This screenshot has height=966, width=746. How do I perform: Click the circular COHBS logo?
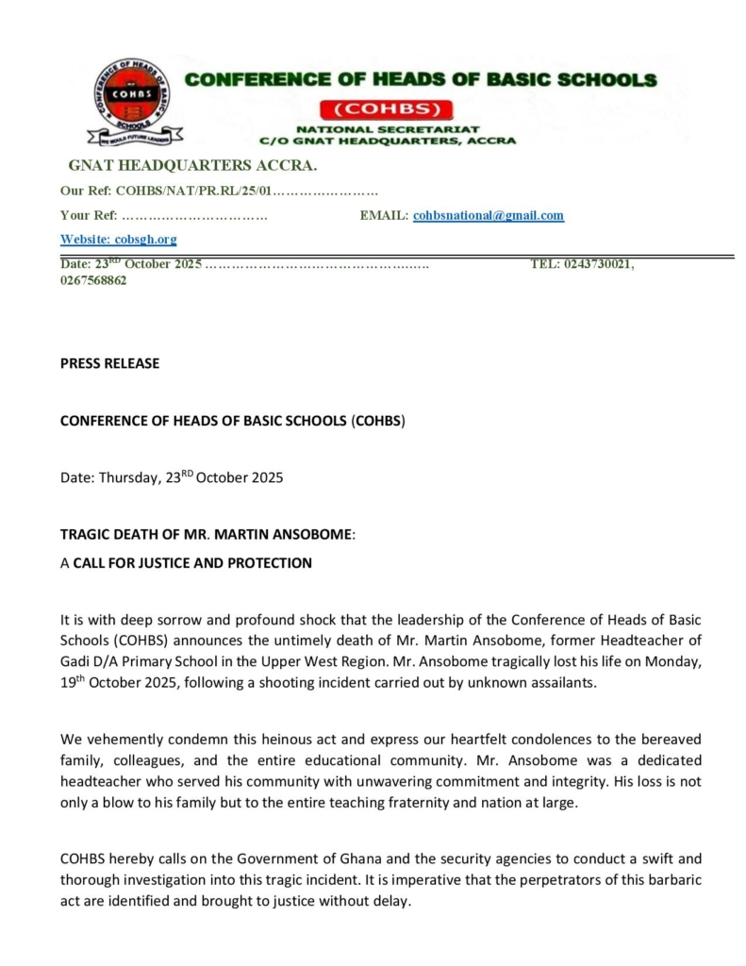[x=132, y=97]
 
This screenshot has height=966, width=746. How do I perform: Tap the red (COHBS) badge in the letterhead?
[x=387, y=107]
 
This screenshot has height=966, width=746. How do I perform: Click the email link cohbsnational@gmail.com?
[x=489, y=215]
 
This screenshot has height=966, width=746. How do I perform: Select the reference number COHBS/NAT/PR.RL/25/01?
[x=193, y=191]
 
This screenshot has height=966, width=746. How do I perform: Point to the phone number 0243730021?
[x=598, y=264]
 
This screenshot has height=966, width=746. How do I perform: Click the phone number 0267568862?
[x=93, y=280]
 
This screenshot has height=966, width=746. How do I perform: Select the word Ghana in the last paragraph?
[x=306, y=858]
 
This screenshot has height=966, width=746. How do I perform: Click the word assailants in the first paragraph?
[x=562, y=683]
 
